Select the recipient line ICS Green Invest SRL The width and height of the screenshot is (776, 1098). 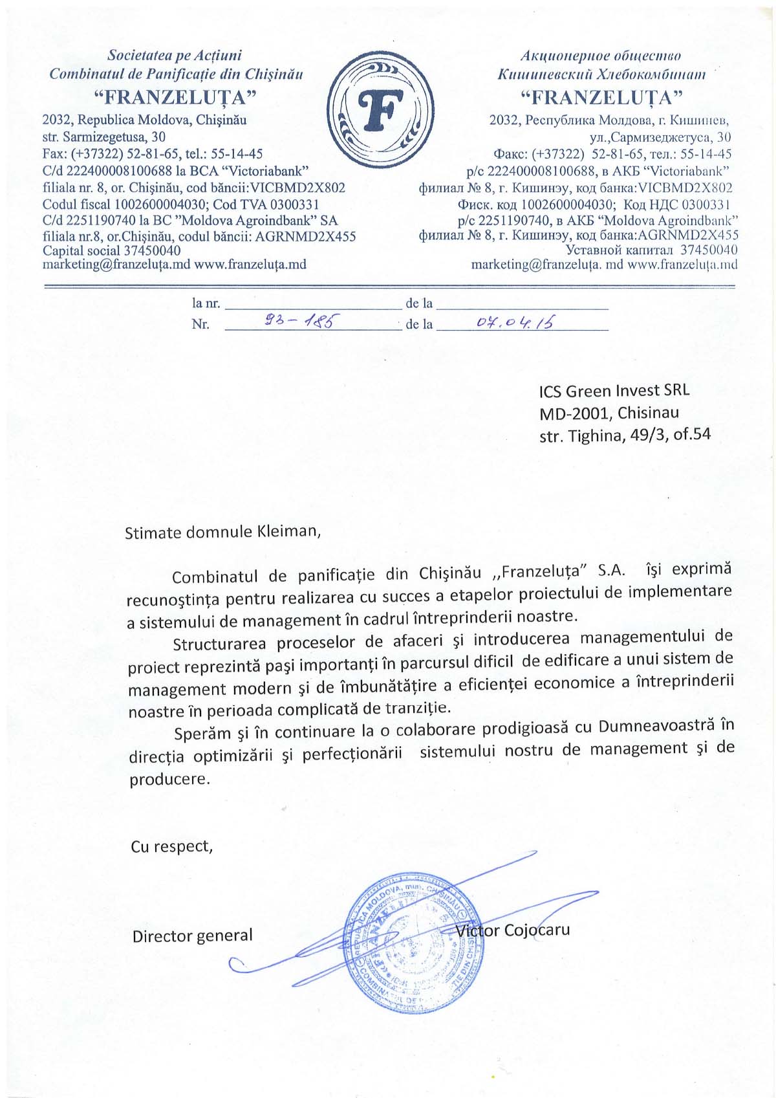(x=614, y=391)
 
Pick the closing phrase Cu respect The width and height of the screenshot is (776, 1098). (x=171, y=846)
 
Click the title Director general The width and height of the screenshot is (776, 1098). (x=192, y=936)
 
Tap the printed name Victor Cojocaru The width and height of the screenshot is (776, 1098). (x=513, y=930)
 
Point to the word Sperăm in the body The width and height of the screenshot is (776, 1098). (x=202, y=733)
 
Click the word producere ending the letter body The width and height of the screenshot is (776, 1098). (x=169, y=779)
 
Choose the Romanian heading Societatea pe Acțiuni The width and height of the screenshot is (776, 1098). (x=175, y=56)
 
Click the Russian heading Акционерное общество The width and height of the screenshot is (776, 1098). (x=601, y=56)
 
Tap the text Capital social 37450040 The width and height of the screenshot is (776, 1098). (x=111, y=250)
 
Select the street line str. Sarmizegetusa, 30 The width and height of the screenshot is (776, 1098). (x=103, y=137)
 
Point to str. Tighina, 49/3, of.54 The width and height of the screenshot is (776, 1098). (x=625, y=435)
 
